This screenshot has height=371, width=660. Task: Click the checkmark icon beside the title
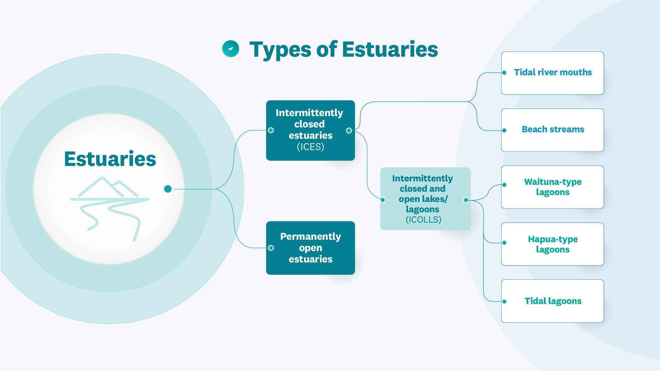point(231,49)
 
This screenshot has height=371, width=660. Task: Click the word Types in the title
point(280,49)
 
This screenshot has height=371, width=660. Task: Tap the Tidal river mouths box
point(553,73)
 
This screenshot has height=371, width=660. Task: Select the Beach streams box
point(553,130)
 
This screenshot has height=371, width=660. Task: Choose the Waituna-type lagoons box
point(553,187)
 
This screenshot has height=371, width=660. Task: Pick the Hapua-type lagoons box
point(553,244)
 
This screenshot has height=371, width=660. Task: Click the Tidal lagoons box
point(553,301)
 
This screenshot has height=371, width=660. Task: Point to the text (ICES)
point(310,147)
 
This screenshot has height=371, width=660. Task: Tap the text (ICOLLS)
point(423,220)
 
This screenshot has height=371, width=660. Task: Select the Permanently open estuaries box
point(310,248)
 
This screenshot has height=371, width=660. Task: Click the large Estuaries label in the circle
point(110,159)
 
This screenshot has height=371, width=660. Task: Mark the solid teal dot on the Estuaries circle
point(168,189)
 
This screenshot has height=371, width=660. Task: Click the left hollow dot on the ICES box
point(271,130)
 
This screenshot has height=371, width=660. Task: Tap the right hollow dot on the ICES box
point(349,131)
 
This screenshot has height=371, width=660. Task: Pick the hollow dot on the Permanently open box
point(271,248)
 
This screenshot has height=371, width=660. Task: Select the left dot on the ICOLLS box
point(383,200)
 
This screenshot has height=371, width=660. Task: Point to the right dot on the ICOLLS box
point(466,200)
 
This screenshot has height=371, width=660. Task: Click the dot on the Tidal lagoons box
point(504,302)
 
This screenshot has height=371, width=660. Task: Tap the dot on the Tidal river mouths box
point(504,73)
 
